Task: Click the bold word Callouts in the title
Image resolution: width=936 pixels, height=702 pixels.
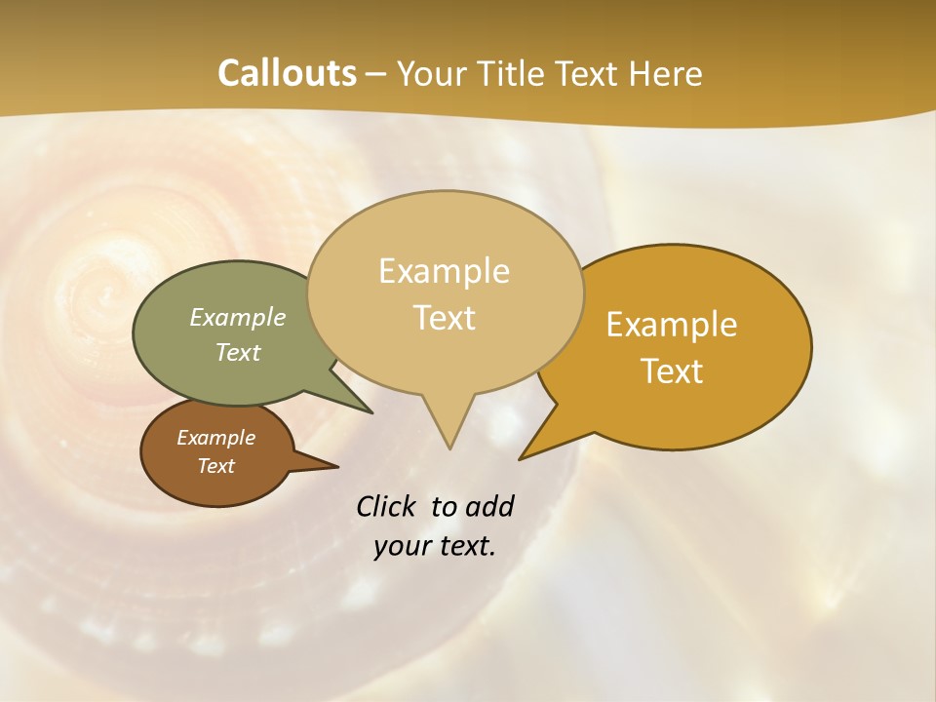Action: (x=287, y=73)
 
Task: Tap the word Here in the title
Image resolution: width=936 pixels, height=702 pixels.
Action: (x=666, y=73)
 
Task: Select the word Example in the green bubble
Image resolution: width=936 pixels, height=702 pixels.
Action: (x=238, y=317)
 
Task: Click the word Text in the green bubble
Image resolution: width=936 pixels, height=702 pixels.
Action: (x=238, y=352)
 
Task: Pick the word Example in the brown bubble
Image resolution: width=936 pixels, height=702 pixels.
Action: (x=215, y=438)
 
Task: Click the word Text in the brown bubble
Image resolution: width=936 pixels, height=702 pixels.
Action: (x=215, y=466)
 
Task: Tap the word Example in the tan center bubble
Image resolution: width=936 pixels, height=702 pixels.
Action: (x=444, y=271)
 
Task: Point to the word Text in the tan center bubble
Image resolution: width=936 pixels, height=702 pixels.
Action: (x=444, y=318)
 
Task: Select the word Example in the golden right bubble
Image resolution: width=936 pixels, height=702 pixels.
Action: (x=672, y=325)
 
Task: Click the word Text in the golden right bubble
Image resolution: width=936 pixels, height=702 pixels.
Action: (x=672, y=371)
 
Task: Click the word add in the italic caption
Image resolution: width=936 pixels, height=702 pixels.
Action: (x=489, y=507)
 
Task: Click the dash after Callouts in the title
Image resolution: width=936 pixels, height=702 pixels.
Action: (x=377, y=74)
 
